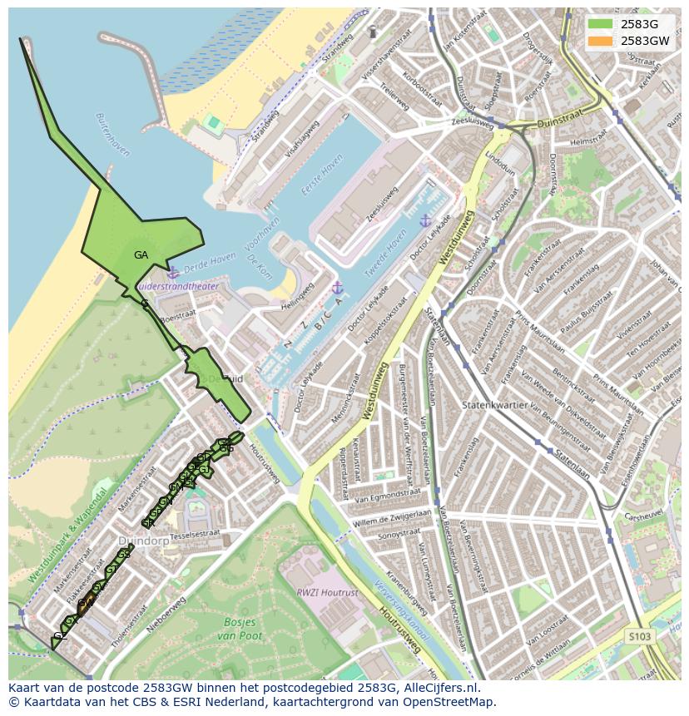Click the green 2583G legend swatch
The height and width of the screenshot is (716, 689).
click(x=599, y=24)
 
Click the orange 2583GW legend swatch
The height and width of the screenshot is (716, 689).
click(x=599, y=40)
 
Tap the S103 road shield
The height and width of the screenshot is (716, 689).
click(x=639, y=636)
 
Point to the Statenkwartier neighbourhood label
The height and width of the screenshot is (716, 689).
click(x=498, y=405)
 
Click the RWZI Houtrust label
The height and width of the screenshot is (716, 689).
click(x=327, y=593)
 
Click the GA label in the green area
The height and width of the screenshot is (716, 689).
click(x=141, y=255)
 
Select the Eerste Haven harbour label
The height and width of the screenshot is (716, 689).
click(x=322, y=175)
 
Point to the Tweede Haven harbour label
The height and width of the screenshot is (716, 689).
click(x=390, y=250)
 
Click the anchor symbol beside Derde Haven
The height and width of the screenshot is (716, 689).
click(x=172, y=274)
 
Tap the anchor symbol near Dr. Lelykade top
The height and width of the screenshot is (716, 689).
click(x=425, y=220)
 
